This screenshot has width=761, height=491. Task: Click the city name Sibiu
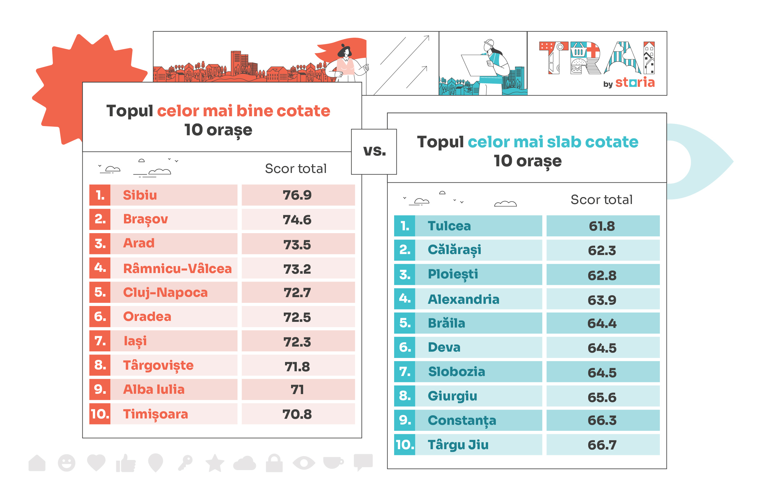tap(140, 195)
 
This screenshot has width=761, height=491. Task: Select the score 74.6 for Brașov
tap(297, 220)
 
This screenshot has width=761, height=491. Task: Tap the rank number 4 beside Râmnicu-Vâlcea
tap(100, 267)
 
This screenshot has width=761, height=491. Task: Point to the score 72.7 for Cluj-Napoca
tap(297, 292)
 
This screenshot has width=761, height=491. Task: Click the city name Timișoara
tap(155, 414)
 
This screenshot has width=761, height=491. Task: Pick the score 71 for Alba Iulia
tap(297, 389)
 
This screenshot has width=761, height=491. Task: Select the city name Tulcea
tap(449, 226)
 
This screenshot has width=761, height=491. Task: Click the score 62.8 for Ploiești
tap(602, 275)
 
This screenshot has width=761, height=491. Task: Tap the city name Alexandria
tap(463, 299)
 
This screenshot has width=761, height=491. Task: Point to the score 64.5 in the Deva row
tap(602, 348)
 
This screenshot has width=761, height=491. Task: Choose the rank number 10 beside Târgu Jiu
tap(405, 444)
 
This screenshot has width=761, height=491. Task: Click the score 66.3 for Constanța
tap(602, 420)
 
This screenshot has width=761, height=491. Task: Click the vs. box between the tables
tap(374, 151)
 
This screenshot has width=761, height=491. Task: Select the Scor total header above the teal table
tap(601, 200)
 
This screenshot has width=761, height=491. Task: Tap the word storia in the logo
tap(635, 82)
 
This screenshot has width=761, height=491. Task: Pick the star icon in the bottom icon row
tap(215, 463)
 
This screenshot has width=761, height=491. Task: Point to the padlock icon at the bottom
tap(274, 463)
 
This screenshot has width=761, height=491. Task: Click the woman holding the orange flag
tap(346, 62)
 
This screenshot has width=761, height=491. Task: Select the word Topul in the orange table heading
tap(130, 111)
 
